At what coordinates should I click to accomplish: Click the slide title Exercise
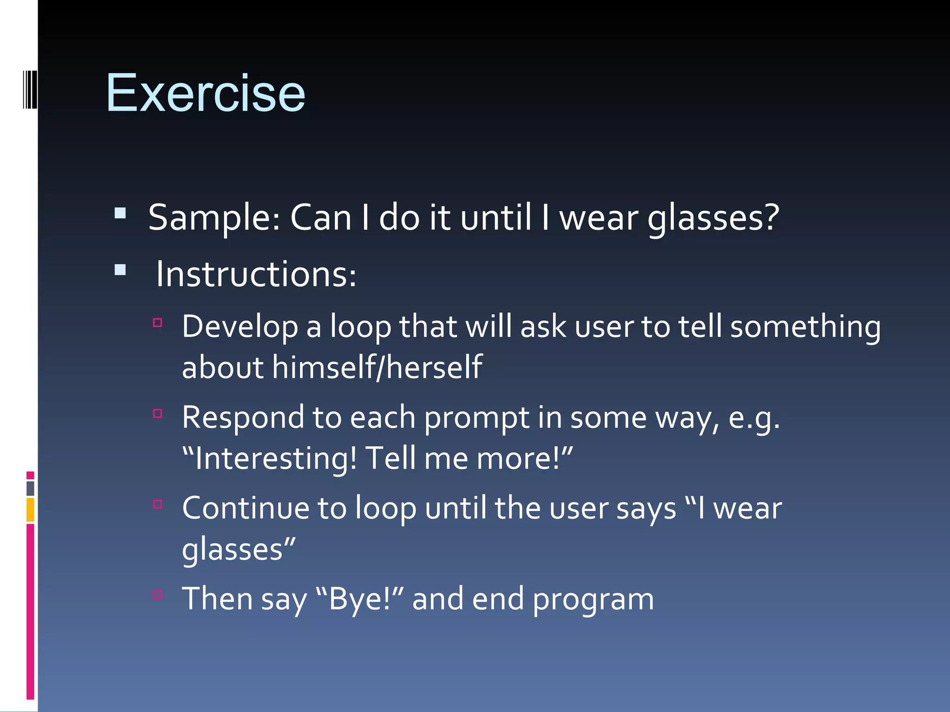205,94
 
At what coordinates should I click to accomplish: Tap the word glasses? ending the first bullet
713,218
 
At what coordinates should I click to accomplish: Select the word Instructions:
256,274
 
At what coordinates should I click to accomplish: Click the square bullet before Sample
120,213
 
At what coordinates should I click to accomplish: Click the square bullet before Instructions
120,270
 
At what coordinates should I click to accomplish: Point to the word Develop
239,327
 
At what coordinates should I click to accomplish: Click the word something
805,327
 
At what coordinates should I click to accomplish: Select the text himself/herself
377,367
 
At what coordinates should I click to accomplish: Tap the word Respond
242,418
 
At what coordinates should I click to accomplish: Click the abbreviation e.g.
754,418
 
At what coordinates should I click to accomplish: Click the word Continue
245,509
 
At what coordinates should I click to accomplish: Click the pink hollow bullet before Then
158,595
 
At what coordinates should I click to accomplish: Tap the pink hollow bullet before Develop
158,323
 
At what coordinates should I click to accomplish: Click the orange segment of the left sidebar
30,510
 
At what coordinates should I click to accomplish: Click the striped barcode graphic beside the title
30,89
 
